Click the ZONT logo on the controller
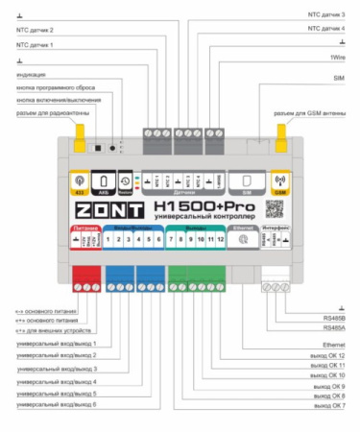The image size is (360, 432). pos(108,208)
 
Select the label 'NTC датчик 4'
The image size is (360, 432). pos(325,29)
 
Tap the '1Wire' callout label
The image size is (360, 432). pos(336,59)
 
